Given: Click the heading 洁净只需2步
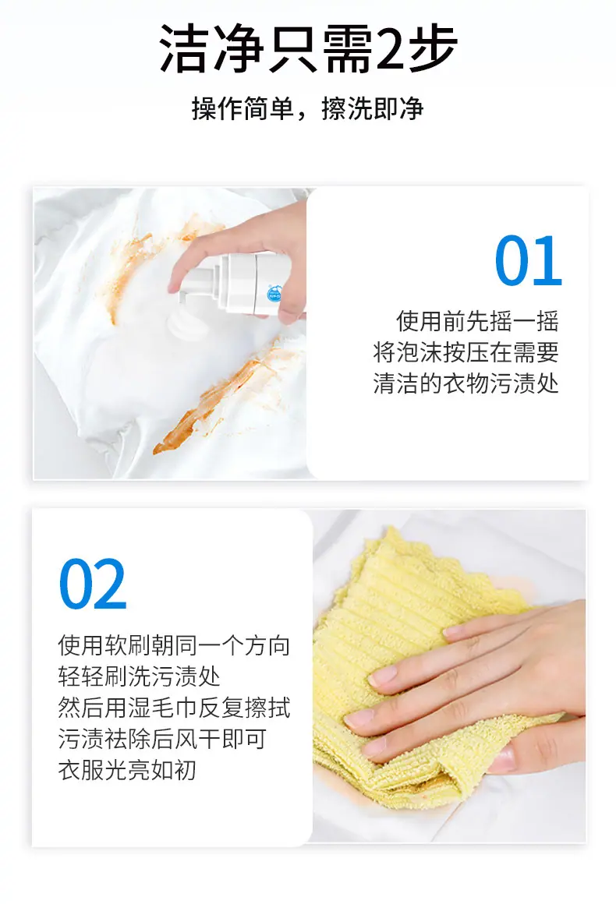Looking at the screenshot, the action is pos(308,48).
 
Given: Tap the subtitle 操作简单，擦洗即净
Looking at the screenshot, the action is pos(307,108).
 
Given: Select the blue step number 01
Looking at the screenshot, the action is pos(529,260).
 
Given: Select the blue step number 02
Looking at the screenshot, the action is pos(93,584).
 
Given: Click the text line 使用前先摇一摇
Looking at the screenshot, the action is pos(477,321).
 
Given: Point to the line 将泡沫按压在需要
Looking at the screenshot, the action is pos(466,352).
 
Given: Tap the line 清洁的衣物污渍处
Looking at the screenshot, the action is pos(466,383).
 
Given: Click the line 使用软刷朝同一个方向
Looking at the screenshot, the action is pos(174,646).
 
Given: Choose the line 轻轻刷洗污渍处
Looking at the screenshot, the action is pos(139,677).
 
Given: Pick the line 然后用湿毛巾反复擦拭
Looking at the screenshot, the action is pos(174,708).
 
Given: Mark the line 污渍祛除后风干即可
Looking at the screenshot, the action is pos(162,739).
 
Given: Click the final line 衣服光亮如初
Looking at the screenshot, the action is pos(127,770).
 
